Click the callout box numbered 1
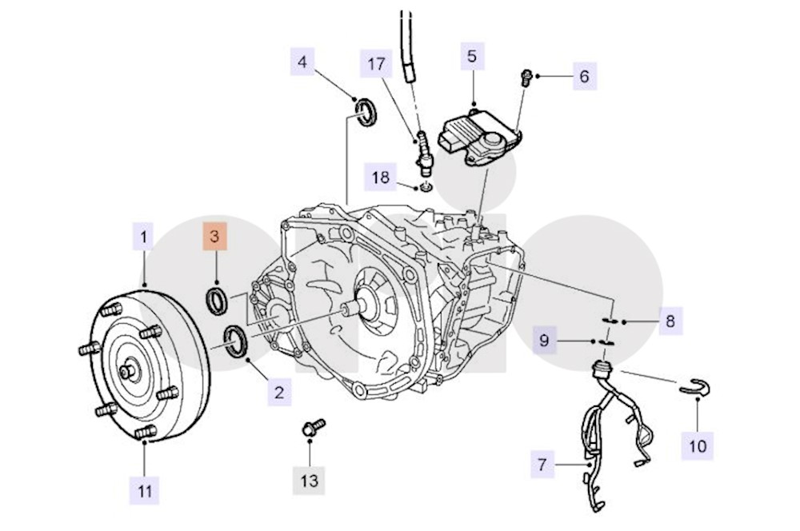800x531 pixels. click(144, 238)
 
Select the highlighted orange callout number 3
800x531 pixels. click(214, 238)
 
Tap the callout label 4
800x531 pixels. click(302, 61)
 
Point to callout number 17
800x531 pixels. click(377, 65)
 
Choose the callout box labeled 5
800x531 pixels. click(471, 57)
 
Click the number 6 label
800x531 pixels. click(584, 77)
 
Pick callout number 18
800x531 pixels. click(381, 177)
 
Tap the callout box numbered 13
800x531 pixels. click(309, 480)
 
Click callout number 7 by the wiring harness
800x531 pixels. click(542, 464)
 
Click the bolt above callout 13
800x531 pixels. click(312, 425)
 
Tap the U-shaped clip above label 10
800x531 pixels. click(696, 386)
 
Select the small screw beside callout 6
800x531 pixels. click(526, 76)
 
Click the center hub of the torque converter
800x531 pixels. click(128, 372)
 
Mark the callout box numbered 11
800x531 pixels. click(144, 489)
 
